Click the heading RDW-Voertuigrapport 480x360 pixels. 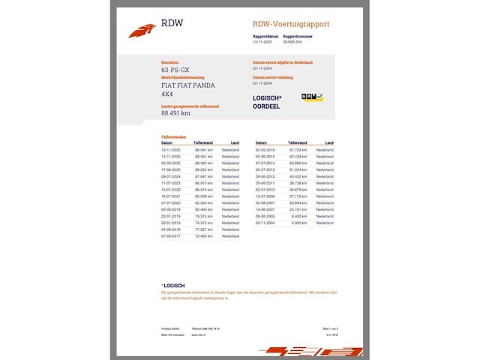click(291, 24)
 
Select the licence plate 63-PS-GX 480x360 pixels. click(175, 69)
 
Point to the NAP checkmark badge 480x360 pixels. click(312, 97)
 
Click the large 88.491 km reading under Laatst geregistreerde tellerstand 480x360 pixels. click(175, 114)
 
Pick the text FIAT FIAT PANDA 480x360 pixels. click(187, 85)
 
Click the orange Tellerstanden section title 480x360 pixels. click(173, 136)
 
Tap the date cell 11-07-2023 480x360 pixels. click(172, 182)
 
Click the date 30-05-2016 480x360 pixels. click(265, 149)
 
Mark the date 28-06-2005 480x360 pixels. click(265, 216)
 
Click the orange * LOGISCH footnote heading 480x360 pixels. click(173, 286)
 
